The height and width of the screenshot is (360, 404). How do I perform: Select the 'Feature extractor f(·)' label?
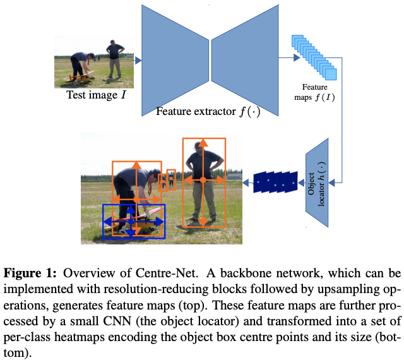coord(208,112)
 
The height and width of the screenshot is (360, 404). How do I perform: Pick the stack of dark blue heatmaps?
coord(275,182)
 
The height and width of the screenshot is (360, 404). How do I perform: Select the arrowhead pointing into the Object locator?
coord(335,183)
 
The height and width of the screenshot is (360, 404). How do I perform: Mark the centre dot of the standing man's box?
coord(203,181)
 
